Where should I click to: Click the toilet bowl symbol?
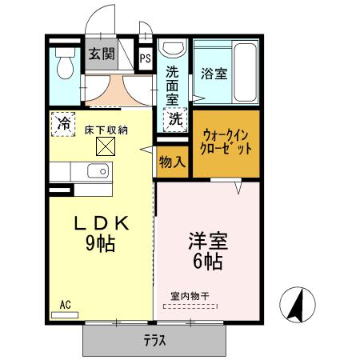[65, 64]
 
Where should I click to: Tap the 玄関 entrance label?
[102, 54]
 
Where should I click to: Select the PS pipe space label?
[146, 58]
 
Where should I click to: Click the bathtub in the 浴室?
[245, 72]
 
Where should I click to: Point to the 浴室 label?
[214, 74]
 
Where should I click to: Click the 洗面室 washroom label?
[172, 86]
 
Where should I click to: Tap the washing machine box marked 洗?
[175, 119]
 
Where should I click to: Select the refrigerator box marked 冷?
[63, 124]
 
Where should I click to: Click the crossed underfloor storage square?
[106, 146]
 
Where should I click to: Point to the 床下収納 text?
[106, 130]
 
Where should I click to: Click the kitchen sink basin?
[98, 170]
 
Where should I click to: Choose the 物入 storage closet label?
[172, 162]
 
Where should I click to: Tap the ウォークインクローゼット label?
[226, 142]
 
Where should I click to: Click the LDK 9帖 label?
[101, 234]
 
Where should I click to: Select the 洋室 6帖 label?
[208, 251]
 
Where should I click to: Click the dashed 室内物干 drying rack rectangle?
[190, 306]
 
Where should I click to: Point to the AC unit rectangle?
[65, 315]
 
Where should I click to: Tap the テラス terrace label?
[155, 341]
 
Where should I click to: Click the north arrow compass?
[298, 305]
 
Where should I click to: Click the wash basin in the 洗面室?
[173, 47]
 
